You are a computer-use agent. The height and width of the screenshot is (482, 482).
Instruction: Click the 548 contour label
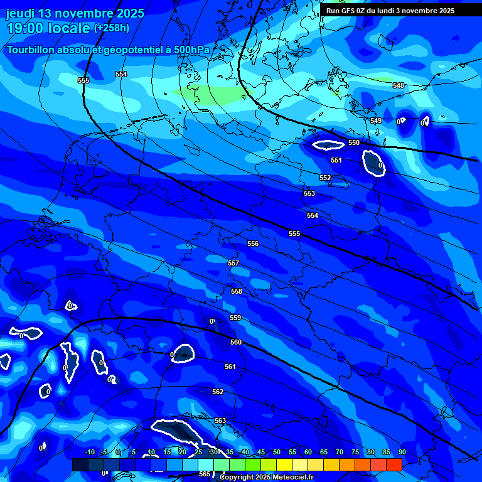pos(399,85)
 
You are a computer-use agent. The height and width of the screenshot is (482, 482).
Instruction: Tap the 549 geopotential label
pos(376,120)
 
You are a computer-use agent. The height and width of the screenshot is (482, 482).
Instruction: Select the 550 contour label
pos(354,142)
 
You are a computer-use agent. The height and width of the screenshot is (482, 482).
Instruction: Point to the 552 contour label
pos(325,178)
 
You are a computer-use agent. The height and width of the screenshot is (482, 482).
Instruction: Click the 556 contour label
pos(253,244)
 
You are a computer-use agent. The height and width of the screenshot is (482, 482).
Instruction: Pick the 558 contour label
pos(237,291)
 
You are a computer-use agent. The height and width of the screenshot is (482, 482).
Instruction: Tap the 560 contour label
pos(236,342)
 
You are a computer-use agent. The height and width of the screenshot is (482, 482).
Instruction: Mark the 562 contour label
pos(218,392)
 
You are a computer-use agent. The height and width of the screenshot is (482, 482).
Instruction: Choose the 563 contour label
pos(220,420)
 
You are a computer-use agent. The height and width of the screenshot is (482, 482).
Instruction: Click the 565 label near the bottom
pos(205,474)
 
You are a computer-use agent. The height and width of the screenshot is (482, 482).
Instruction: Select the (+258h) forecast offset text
pos(112,28)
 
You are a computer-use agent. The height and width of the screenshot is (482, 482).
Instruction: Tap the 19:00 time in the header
pos(23,28)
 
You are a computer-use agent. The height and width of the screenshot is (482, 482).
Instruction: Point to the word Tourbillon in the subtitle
pos(31,50)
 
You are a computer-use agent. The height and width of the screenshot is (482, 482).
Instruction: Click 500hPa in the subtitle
pos(191,50)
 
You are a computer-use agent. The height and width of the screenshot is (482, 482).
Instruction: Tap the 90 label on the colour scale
pos(402,452)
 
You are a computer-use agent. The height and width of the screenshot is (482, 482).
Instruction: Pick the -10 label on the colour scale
pos(89,452)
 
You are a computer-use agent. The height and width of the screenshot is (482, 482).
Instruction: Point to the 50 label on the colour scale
pos(276,452)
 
